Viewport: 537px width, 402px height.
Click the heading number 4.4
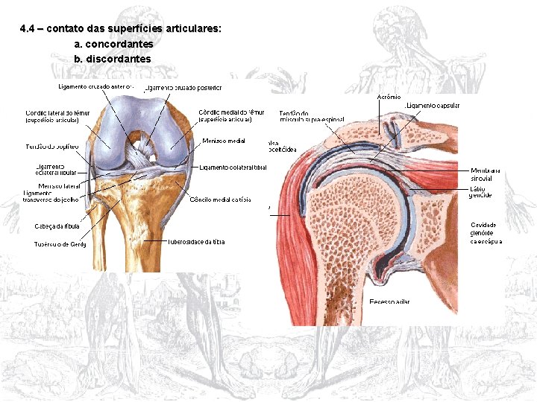point(28,29)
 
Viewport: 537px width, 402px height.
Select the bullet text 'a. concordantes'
point(113,44)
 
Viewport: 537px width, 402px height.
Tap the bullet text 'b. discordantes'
point(113,58)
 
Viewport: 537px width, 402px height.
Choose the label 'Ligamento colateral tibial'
point(233,167)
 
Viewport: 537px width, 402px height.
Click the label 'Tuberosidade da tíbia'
point(196,241)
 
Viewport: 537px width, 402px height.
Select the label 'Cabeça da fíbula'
point(57,226)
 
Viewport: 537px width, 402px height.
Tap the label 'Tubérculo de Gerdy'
point(60,243)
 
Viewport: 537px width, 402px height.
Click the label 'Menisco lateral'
point(60,185)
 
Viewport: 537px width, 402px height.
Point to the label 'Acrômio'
point(389,97)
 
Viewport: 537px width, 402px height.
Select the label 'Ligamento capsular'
point(433,106)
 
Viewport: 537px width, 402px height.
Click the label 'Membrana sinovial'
point(486,174)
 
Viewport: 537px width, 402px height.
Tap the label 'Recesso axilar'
point(389,301)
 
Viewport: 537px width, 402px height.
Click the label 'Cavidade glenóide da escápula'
point(486,232)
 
